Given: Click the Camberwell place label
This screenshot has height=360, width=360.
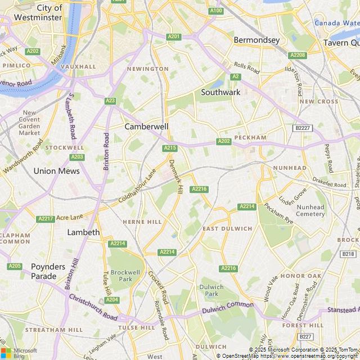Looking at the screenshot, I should coord(146,127).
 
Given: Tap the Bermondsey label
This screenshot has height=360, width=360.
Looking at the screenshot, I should coord(256,40).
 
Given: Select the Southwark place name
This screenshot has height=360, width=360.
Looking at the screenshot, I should coord(220,92).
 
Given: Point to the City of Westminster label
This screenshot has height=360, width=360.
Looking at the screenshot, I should coord(38,12).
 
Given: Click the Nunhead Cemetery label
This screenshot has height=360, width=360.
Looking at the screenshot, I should coord(310,210).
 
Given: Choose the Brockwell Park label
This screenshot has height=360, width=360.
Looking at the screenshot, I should coord(121,275).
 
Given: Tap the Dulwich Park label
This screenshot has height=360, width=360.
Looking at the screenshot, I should coord(211,290).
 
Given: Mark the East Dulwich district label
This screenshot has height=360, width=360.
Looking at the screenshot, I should coord(227,228).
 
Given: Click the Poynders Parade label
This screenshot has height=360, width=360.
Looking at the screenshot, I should coord(48,271).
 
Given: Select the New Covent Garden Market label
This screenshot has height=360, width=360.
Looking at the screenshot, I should coord(29,123).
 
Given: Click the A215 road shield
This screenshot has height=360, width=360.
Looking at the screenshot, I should coord(170,148).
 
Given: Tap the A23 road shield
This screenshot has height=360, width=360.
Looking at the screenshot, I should coord(110,101).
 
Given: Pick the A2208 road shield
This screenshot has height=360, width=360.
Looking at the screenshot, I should coord(297,55).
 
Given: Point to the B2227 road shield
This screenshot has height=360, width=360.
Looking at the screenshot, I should coord(303,128).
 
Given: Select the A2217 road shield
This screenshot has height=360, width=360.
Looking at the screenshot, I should coord(45,218).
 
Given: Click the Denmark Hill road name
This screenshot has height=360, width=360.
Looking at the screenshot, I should coord(175,177).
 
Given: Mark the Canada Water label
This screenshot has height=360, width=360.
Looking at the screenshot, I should coord(336,23).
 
